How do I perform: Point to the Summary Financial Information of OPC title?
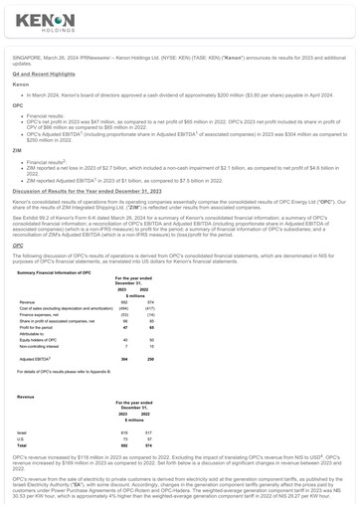61,271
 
